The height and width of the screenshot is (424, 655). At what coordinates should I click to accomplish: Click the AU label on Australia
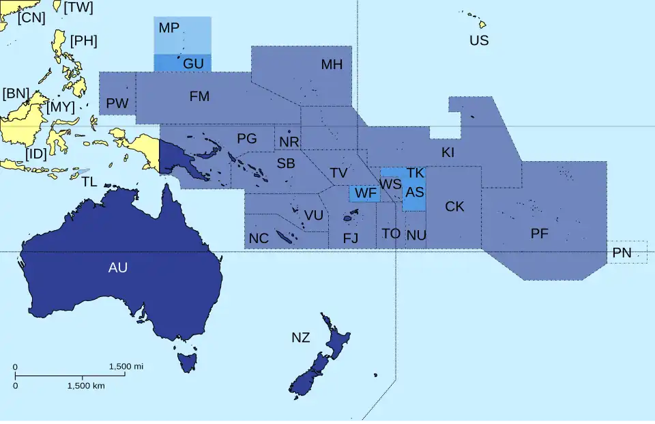coord(118,268)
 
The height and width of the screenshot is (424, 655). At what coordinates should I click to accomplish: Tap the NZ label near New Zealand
coord(300,337)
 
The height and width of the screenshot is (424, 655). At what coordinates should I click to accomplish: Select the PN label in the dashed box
coord(622,253)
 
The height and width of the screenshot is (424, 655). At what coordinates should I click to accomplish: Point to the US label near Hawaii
coord(479,40)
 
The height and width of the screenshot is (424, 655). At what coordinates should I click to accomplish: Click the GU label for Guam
coord(193,63)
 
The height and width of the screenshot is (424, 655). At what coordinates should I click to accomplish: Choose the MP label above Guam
coord(169,28)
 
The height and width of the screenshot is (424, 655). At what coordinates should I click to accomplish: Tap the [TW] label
coord(78,8)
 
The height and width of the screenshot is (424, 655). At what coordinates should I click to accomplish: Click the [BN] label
coord(16,94)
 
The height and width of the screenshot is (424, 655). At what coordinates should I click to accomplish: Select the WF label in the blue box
coord(366,193)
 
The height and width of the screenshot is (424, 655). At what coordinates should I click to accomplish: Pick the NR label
coord(289,142)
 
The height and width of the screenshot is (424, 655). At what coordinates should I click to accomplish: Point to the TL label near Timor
coord(89,182)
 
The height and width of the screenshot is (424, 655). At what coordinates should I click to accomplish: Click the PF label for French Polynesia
coord(540,234)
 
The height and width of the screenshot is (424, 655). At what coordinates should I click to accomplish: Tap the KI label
coord(448,152)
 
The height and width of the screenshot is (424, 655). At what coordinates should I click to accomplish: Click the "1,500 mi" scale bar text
coord(126,367)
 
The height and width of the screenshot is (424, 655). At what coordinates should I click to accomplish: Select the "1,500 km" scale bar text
coord(86,386)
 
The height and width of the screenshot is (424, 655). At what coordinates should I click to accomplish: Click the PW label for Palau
coord(117,104)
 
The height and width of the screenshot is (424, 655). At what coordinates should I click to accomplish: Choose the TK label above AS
coord(416,173)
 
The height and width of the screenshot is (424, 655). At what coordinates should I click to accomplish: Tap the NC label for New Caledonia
coord(259,238)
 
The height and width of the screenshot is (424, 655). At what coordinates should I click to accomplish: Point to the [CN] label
coord(31,18)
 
